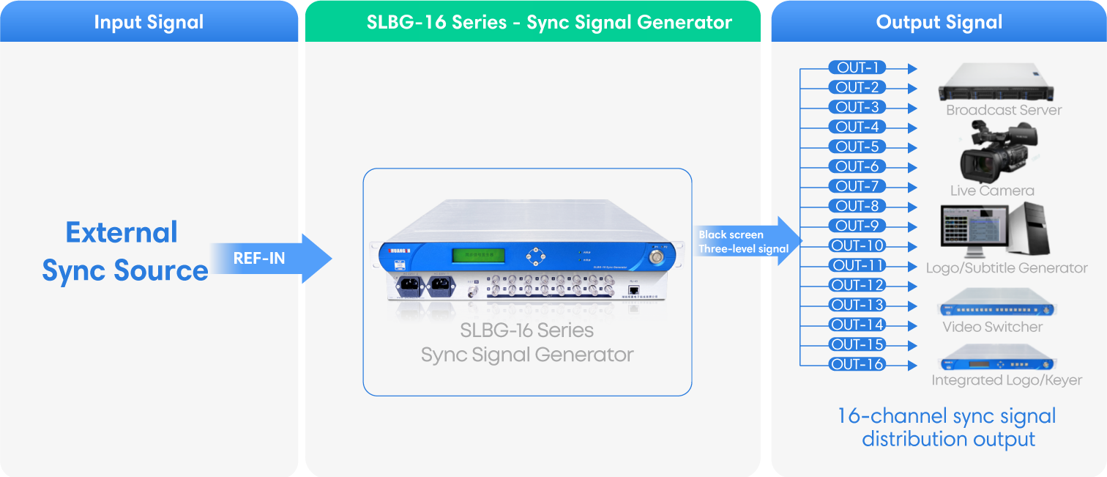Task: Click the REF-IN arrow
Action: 271,258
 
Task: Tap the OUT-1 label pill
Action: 857,67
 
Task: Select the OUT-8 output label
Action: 857,206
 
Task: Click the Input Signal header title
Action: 149,22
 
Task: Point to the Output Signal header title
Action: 939,22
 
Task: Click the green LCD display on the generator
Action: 472,255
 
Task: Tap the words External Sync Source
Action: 124,251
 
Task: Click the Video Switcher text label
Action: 992,327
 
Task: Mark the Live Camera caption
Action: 992,191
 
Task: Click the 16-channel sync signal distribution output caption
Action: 947,428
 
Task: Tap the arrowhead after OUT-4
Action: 912,127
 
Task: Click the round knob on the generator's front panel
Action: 653,257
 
